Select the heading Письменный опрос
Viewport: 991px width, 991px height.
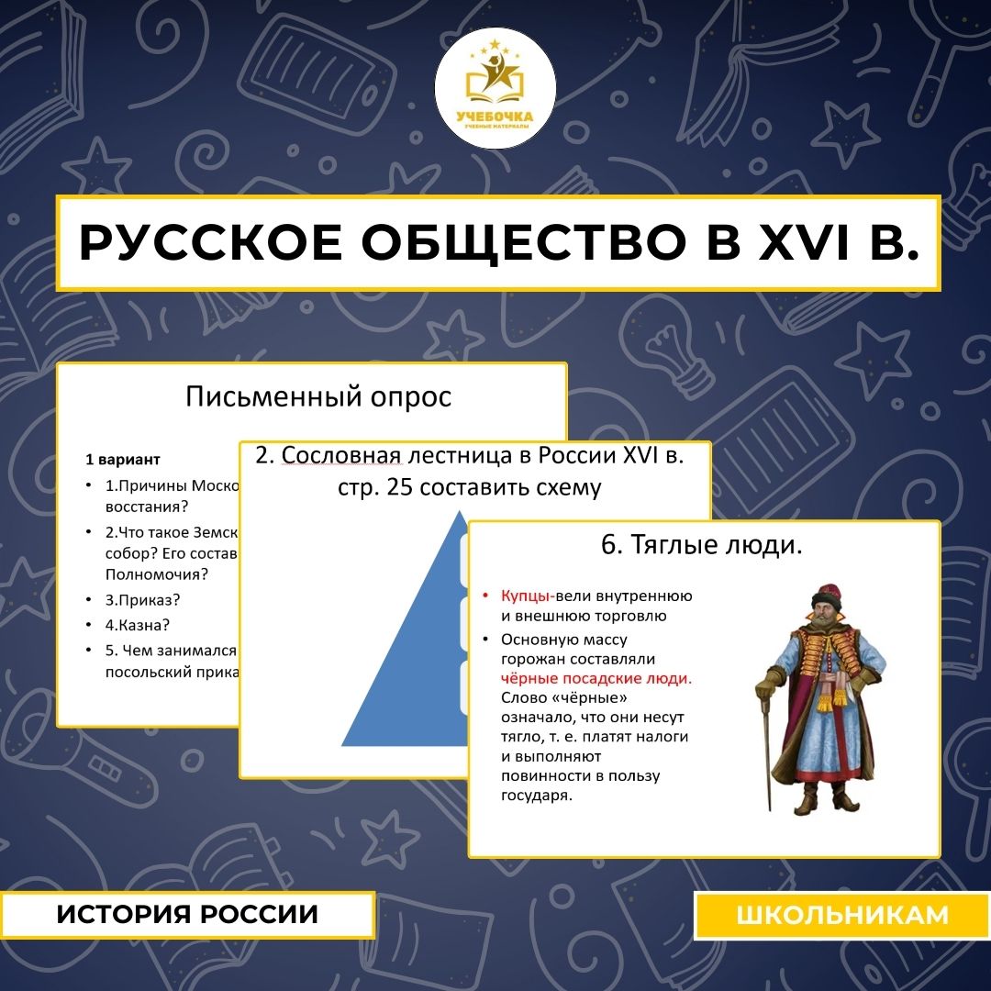click(x=318, y=396)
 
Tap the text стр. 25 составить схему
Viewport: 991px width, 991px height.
click(x=469, y=486)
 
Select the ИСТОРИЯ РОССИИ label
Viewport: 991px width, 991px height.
click(x=187, y=914)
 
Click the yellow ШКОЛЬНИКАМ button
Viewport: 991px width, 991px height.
click(x=841, y=914)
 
